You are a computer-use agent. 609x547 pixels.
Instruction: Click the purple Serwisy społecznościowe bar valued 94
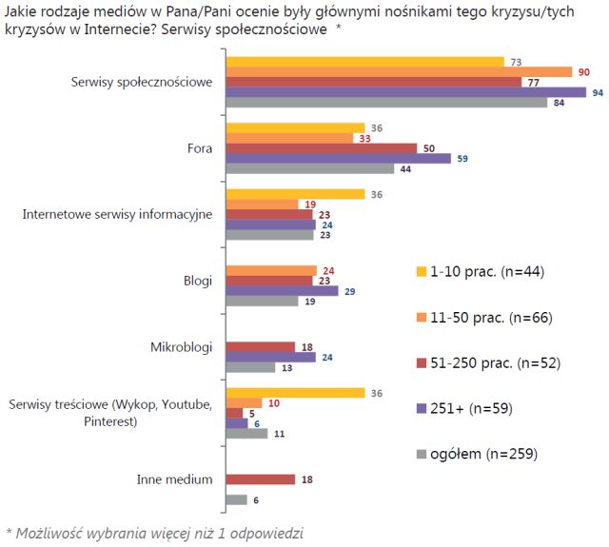coord(405,92)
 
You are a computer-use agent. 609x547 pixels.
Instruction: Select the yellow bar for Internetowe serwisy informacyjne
coord(295,194)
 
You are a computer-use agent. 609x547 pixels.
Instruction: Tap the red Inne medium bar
coord(259,479)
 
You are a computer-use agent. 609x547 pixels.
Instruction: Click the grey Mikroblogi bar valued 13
coord(249,367)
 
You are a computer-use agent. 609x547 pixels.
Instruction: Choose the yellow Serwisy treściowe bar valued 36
coord(295,393)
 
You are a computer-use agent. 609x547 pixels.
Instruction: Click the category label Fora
coord(200,148)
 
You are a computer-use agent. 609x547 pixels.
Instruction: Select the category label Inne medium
coord(176,479)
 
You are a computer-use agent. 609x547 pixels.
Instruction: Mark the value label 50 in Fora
coord(429,148)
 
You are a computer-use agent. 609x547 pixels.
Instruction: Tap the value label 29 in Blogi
coord(350,291)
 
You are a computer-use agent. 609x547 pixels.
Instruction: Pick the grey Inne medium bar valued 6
coord(236,499)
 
